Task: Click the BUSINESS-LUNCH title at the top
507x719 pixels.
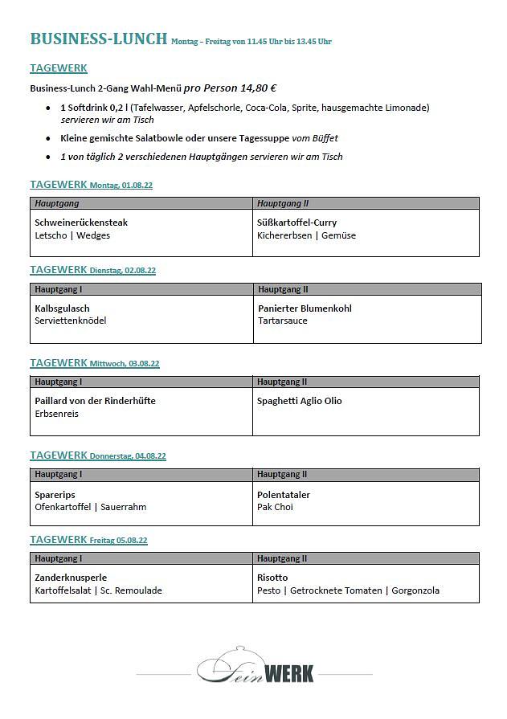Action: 98,39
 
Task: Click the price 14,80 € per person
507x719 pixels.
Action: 251,88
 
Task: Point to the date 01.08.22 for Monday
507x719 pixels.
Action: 137,186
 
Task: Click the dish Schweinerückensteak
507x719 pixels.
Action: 81,223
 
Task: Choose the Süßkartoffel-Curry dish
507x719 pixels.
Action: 296,223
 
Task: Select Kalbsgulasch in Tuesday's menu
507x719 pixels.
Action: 62,308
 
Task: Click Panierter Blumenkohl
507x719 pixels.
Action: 305,308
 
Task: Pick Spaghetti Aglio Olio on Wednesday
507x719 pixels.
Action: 299,401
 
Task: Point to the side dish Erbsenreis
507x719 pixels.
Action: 56,414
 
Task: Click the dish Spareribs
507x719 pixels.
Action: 55,495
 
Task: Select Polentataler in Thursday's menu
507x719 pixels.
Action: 283,495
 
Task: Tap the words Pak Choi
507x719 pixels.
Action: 275,507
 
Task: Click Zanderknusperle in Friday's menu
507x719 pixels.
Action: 71,578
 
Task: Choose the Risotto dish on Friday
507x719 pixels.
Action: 272,578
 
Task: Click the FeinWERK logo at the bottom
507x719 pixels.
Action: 256,666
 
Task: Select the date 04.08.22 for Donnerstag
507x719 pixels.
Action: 150,456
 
